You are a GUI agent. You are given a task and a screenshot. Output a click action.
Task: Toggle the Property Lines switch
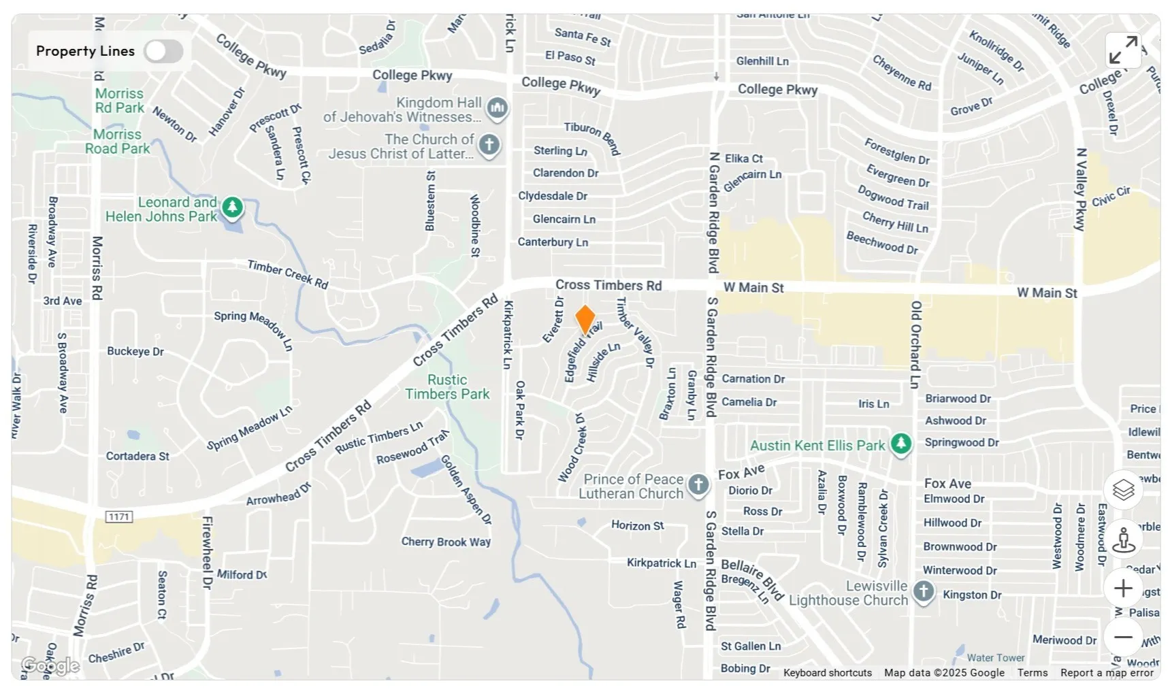click(163, 51)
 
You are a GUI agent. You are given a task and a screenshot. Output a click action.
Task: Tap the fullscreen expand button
click(1123, 50)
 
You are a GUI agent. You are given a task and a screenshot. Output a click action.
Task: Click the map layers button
click(1123, 489)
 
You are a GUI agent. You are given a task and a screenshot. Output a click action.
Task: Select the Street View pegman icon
click(1123, 540)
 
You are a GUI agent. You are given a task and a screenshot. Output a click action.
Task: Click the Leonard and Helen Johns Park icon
click(233, 208)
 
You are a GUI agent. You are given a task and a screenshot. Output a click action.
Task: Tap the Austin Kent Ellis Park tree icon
click(901, 444)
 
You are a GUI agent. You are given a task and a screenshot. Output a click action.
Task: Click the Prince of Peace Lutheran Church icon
click(698, 485)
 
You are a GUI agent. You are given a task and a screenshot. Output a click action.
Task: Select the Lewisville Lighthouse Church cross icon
click(923, 591)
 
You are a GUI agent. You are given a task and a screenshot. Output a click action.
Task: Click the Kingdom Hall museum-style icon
click(498, 108)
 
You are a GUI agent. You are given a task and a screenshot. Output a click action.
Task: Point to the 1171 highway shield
click(119, 517)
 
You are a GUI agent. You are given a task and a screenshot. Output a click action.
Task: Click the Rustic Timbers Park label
click(447, 387)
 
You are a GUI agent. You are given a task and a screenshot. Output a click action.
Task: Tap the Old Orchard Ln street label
click(915, 344)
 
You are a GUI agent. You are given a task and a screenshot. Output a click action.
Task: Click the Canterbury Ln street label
click(553, 242)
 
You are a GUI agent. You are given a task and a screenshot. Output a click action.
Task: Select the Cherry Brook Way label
click(446, 542)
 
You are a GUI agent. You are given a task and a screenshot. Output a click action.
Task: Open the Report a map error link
click(1107, 673)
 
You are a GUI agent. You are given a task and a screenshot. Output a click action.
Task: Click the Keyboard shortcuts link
click(827, 673)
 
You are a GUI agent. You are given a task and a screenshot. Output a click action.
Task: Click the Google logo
click(50, 665)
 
